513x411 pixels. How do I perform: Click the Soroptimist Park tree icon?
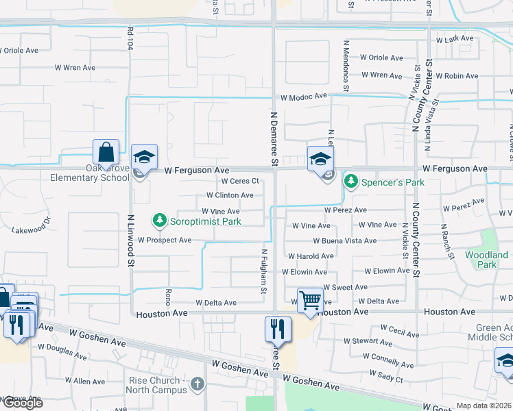159,221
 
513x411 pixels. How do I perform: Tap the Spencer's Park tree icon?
351,182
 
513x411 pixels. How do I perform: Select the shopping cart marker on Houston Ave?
310,300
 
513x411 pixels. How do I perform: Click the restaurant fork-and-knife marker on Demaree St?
278,329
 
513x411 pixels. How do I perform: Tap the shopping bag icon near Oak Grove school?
106,152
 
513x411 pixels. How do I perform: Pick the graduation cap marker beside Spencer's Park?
320,160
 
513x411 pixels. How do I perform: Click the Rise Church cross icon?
198,384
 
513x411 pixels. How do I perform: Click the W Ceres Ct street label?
239,182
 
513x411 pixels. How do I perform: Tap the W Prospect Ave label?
165,240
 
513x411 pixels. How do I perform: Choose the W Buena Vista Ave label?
345,241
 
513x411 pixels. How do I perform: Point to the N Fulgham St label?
263,272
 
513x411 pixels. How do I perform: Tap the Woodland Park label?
486,260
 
